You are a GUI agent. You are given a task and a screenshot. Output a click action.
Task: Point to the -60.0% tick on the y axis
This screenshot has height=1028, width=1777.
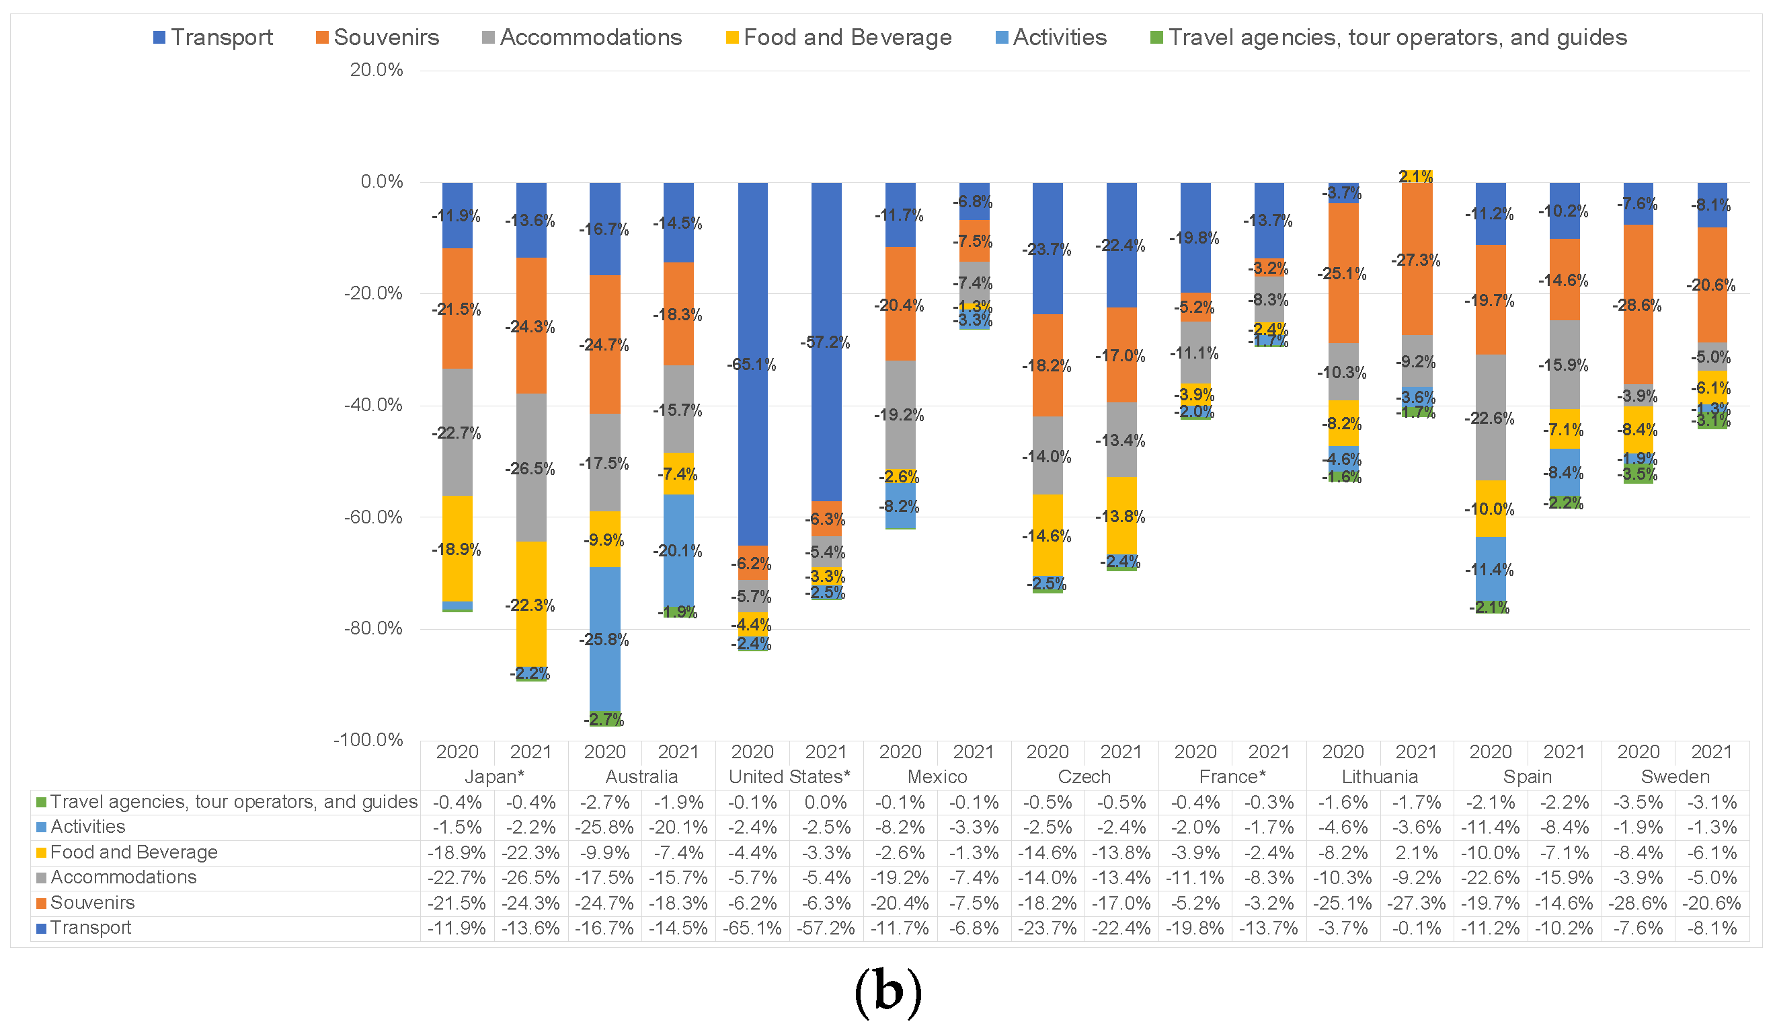(x=373, y=517)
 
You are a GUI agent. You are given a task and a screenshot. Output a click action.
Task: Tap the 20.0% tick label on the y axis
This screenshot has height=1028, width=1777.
(x=377, y=70)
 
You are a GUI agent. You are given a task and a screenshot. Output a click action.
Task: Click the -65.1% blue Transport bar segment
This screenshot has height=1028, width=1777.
(x=752, y=363)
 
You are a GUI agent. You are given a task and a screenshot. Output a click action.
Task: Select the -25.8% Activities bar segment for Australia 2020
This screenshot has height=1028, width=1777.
(x=604, y=638)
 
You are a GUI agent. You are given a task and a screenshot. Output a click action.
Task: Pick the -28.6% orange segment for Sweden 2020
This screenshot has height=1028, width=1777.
(x=1637, y=304)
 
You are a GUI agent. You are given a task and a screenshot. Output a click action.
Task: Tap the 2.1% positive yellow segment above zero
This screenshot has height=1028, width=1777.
(x=1417, y=176)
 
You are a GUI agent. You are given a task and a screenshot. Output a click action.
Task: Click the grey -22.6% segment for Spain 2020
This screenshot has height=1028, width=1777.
(x=1490, y=417)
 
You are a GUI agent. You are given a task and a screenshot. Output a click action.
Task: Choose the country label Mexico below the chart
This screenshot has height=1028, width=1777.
(x=937, y=777)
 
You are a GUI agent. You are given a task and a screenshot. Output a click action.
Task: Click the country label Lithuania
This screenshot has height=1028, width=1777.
(x=1379, y=777)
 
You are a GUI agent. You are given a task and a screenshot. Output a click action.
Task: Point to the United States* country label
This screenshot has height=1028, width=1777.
(x=789, y=777)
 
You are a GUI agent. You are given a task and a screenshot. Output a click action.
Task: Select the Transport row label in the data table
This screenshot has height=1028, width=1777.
(x=90, y=928)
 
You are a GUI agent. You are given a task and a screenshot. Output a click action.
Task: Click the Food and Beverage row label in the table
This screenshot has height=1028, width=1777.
(x=133, y=852)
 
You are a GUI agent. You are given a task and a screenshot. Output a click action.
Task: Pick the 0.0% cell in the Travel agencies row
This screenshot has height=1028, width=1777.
(x=825, y=802)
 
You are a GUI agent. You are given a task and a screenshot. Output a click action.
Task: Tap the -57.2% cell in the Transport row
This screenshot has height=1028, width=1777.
(x=825, y=928)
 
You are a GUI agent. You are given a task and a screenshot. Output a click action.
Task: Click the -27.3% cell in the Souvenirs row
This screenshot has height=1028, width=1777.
(x=1416, y=903)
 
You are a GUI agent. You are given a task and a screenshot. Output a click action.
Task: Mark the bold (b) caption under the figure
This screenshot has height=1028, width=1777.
(x=887, y=991)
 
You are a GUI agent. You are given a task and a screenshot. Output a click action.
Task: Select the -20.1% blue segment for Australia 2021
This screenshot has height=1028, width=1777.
(x=678, y=550)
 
